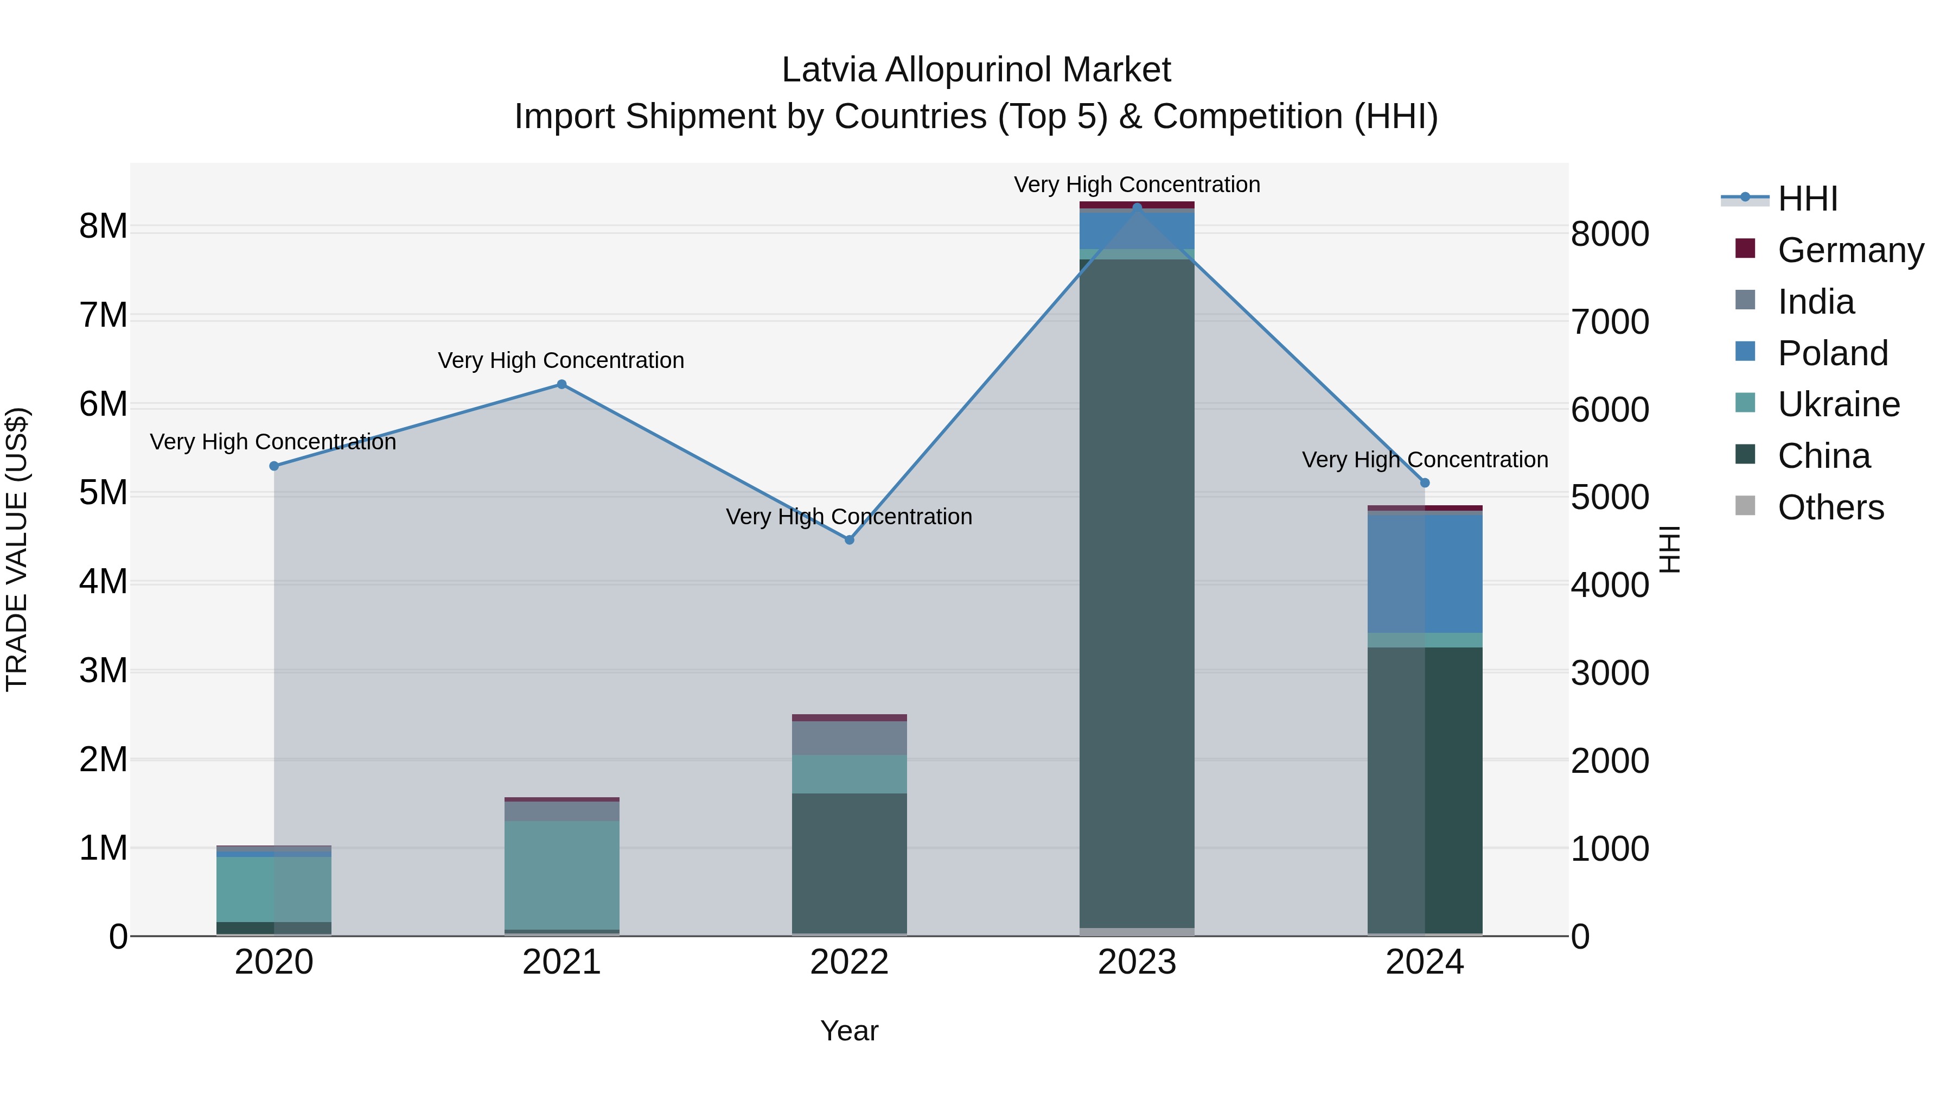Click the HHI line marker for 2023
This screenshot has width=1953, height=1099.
[x=1137, y=207]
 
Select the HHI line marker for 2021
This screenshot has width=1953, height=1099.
[x=562, y=385]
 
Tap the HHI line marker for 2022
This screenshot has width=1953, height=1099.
[x=849, y=540]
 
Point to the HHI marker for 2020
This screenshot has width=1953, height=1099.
[x=275, y=466]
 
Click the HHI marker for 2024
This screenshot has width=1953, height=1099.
[x=1425, y=483]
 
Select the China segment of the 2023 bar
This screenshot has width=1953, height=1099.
[x=1137, y=592]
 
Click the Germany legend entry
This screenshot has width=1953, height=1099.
[x=1850, y=250]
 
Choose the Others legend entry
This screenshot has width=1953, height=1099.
[x=1830, y=507]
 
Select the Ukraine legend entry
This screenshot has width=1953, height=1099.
[x=1838, y=404]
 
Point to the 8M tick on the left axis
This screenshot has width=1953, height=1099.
[x=103, y=226]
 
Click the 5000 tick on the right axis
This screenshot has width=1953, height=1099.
[x=1610, y=498]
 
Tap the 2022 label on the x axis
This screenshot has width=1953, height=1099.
[x=849, y=962]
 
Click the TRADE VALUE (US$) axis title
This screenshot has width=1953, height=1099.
[x=17, y=549]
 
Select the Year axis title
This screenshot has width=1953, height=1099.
[x=849, y=1031]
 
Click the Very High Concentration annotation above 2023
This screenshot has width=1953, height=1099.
[x=1137, y=185]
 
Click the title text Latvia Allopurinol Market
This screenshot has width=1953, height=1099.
[x=976, y=70]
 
